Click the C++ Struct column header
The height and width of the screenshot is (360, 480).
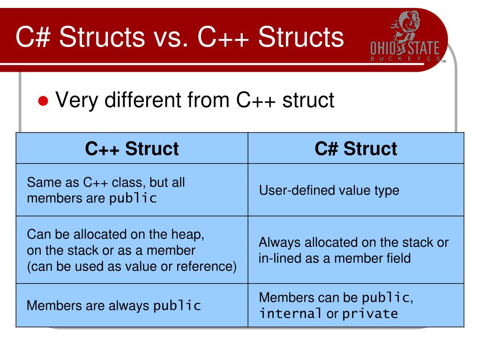[132, 149]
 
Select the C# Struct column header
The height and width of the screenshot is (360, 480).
[356, 149]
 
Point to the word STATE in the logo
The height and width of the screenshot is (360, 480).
[423, 49]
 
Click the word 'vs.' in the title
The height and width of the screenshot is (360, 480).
[171, 37]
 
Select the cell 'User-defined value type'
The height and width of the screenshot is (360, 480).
[329, 190]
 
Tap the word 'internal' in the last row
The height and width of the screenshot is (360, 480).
[291, 313]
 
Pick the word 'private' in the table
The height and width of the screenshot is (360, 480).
[370, 313]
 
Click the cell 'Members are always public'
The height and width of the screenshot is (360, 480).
[114, 306]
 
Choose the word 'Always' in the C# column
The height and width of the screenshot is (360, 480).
[280, 242]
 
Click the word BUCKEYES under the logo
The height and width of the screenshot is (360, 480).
[405, 59]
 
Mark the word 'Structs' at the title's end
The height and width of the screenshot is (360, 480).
[300, 37]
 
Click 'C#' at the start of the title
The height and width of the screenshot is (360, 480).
[31, 37]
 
